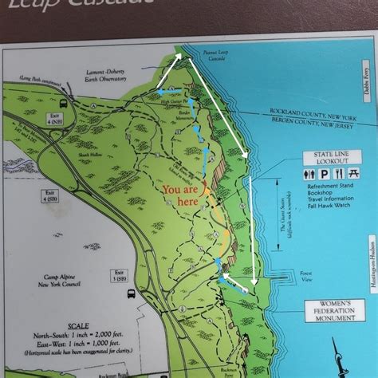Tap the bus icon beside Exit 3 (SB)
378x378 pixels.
130,293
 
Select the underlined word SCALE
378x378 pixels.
79,326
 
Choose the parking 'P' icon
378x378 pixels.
327,174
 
